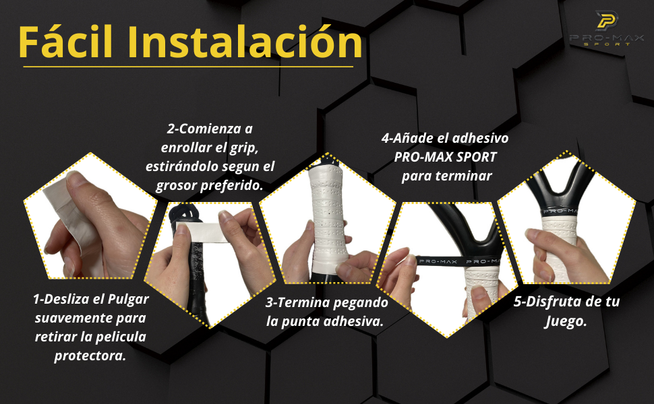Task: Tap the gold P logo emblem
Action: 606,20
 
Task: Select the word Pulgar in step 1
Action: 128,300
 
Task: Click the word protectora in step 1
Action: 90,356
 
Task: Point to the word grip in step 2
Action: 243,148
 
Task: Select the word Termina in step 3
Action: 303,303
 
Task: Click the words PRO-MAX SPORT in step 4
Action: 446,158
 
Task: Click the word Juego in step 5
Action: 566,322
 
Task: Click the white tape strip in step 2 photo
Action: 203,233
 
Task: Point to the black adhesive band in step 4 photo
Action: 458,261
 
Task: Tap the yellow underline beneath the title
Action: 188,67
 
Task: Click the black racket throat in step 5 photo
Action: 565,189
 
